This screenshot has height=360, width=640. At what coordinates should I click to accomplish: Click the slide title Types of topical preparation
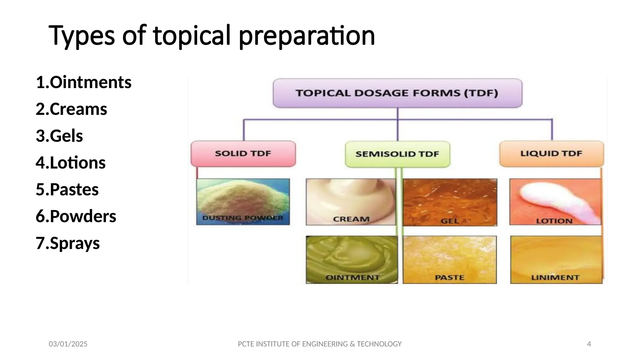(212, 36)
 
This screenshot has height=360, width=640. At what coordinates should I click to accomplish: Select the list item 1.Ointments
(83, 82)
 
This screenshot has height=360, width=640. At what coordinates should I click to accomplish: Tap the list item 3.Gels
(59, 136)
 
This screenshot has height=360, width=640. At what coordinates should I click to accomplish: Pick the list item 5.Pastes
(67, 189)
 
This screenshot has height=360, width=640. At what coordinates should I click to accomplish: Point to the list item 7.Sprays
(68, 243)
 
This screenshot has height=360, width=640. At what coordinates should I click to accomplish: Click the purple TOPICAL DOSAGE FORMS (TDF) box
(397, 93)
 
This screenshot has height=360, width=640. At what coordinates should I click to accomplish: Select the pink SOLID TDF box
(243, 153)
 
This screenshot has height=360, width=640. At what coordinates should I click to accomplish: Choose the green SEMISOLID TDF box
(397, 154)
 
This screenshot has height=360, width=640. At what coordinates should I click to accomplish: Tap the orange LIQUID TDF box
(552, 153)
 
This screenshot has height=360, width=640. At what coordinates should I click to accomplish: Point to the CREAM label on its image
(351, 219)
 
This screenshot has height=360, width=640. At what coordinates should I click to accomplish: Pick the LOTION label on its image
(554, 221)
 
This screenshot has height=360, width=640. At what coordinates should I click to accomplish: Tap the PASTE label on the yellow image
(449, 277)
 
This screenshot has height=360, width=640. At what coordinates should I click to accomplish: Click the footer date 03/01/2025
(68, 344)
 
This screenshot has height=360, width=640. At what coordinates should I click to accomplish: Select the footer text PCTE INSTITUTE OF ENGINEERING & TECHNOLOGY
(319, 344)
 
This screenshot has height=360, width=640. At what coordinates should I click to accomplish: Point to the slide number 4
(589, 344)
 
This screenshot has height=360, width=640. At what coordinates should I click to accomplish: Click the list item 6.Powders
(76, 216)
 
